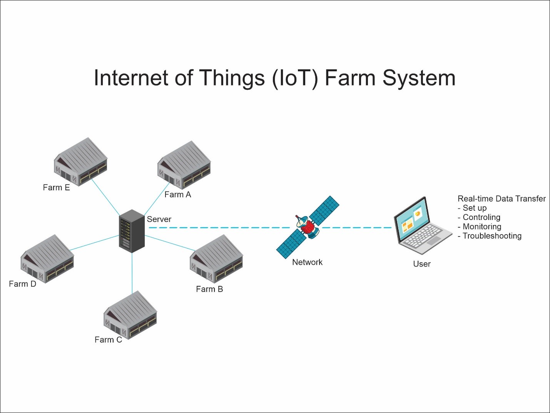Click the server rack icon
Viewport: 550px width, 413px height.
point(132,231)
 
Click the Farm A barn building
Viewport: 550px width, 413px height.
point(184,165)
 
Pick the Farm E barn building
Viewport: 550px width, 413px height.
point(80,162)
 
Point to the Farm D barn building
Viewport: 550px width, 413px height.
point(47,259)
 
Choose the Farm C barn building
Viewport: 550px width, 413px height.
point(130,315)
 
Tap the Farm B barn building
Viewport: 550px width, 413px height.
point(216,259)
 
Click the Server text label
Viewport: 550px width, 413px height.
point(159,219)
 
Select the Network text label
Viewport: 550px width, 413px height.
point(307,262)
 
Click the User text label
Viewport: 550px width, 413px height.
point(422,264)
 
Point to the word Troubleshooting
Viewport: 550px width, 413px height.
point(492,236)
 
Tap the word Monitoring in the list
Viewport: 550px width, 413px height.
point(482,227)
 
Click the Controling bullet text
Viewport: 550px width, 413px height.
point(481,217)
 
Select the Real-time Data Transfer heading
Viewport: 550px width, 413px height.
point(502,199)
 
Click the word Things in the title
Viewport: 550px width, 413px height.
point(232,78)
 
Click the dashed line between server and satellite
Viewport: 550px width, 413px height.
point(219,228)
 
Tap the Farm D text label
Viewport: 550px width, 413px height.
point(23,284)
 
